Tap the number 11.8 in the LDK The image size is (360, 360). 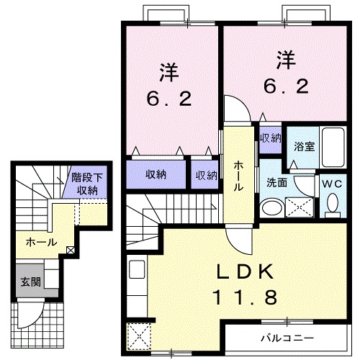[245, 296]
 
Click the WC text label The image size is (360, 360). [332, 183]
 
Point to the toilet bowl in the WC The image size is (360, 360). [332, 205]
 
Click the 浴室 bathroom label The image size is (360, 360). [304, 146]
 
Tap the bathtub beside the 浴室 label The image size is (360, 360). [332, 148]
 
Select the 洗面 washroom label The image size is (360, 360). [276, 183]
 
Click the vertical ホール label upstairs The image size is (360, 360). [237, 176]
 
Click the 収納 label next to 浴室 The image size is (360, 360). [271, 137]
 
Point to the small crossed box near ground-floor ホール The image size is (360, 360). [71, 250]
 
